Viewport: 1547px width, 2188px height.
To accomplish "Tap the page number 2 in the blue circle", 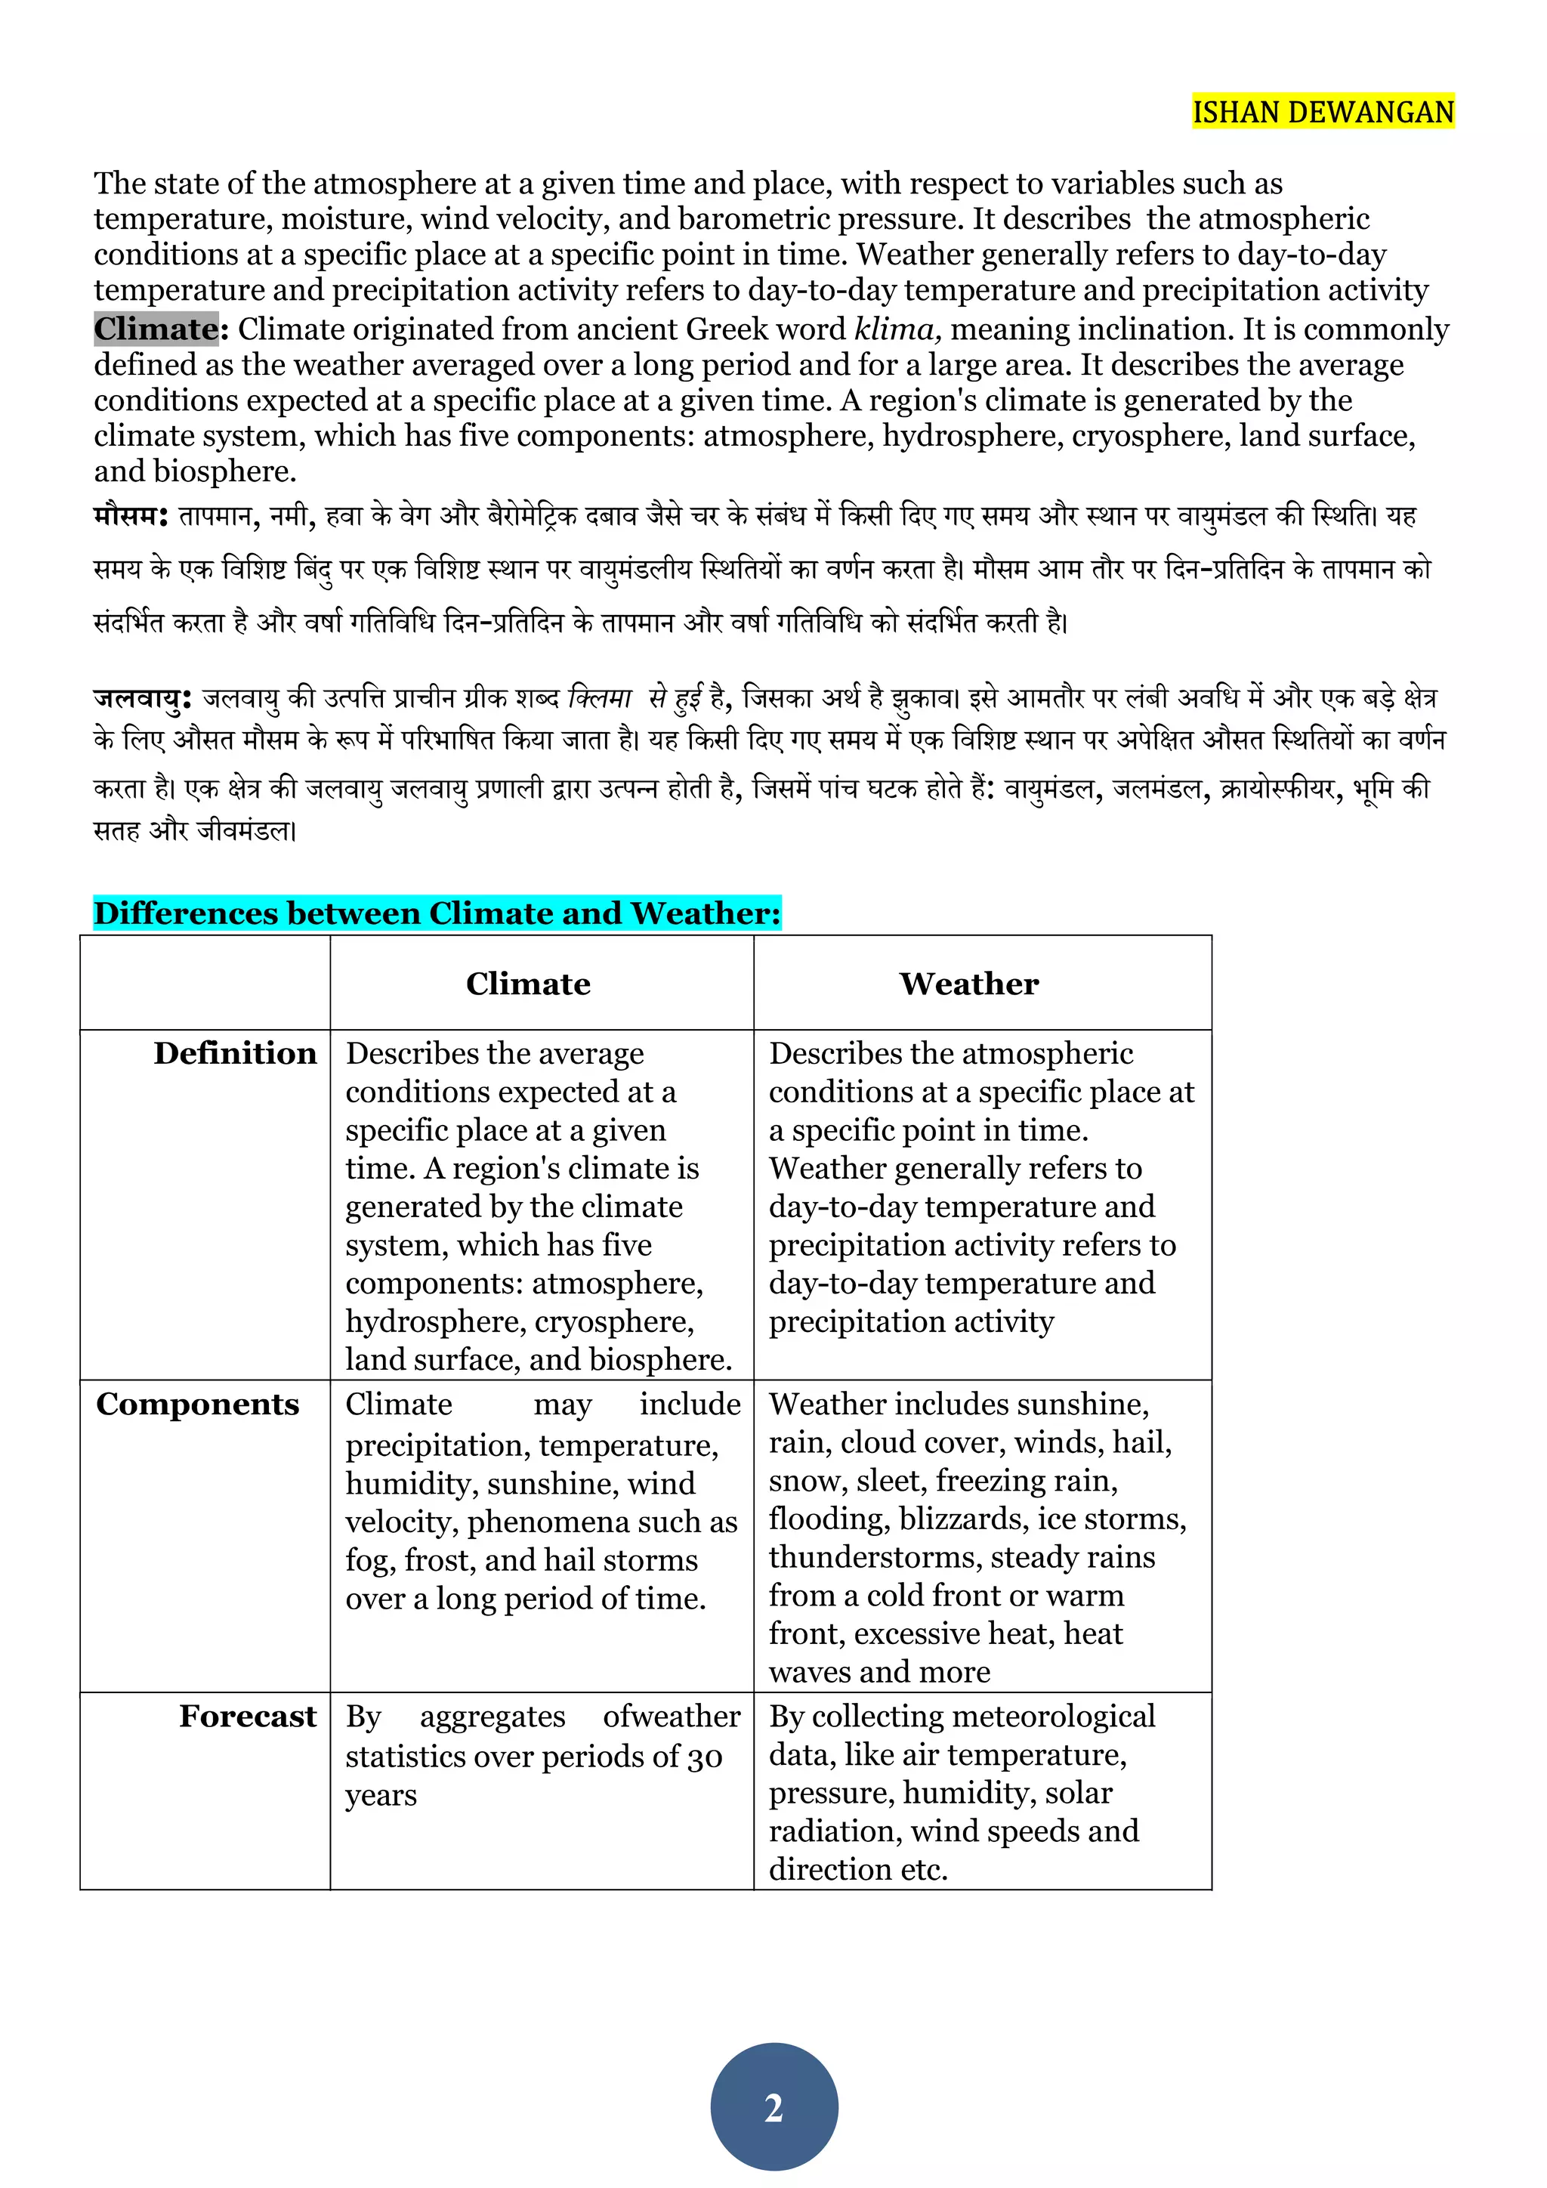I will [x=773, y=2107].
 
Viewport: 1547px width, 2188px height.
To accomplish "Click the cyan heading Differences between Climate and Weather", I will [x=437, y=913].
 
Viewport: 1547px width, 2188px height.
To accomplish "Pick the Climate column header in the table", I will [x=528, y=984].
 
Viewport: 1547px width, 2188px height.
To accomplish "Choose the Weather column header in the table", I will [x=969, y=984].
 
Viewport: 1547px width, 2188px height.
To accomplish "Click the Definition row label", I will [x=234, y=1053].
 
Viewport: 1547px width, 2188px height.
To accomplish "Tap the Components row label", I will [x=197, y=1404].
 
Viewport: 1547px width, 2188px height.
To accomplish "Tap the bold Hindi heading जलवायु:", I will [x=142, y=699].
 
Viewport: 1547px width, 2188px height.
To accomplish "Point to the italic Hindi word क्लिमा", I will [x=599, y=699].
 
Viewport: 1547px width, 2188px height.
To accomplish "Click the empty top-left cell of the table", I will [x=205, y=982].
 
